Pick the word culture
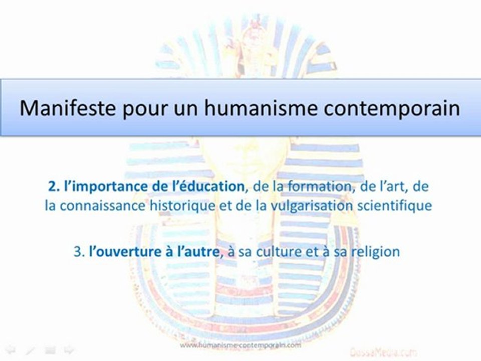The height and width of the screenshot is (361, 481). pos(277,251)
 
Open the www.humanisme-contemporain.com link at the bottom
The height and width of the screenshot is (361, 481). pos(240,345)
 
